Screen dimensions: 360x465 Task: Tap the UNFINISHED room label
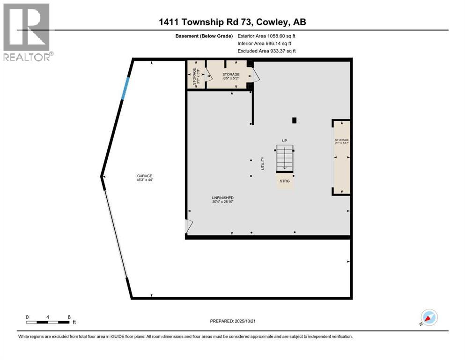222,200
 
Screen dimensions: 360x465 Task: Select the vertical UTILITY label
263,163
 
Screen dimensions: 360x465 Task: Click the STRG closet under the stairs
285,181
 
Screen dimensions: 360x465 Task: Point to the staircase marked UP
284,158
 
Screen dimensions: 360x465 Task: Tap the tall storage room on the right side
341,157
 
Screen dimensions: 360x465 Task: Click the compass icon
428,317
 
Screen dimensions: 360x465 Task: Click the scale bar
48,322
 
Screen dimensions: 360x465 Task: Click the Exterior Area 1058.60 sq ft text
266,36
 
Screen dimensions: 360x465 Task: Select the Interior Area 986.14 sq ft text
266,43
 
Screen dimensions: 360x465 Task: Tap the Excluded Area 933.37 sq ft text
266,51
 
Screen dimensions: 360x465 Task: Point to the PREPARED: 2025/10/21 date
232,321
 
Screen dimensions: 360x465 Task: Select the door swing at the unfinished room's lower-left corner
188,226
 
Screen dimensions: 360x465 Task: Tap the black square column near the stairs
294,120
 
